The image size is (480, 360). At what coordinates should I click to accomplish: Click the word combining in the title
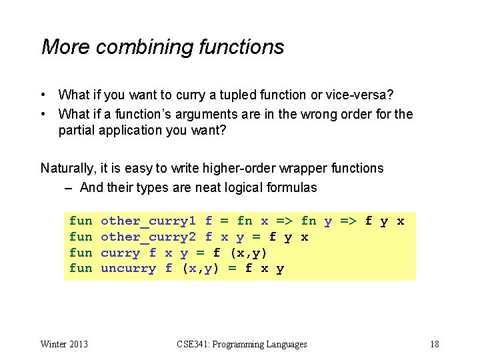pyautogui.click(x=139, y=47)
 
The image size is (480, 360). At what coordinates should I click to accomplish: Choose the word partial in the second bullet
pyautogui.click(x=77, y=130)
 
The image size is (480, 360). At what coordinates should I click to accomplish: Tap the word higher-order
pyautogui.click(x=247, y=168)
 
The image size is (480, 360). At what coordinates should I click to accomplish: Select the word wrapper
pyautogui.click(x=309, y=168)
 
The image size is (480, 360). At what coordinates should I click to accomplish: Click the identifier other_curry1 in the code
pyautogui.click(x=148, y=221)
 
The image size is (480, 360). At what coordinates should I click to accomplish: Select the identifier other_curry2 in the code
pyautogui.click(x=148, y=237)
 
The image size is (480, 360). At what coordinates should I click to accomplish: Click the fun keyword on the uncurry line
pyautogui.click(x=81, y=269)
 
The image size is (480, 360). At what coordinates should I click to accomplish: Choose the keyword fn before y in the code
pyautogui.click(x=309, y=221)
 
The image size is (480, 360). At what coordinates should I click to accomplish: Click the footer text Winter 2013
pyautogui.click(x=64, y=344)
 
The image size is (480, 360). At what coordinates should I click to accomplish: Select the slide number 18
pyautogui.click(x=434, y=344)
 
